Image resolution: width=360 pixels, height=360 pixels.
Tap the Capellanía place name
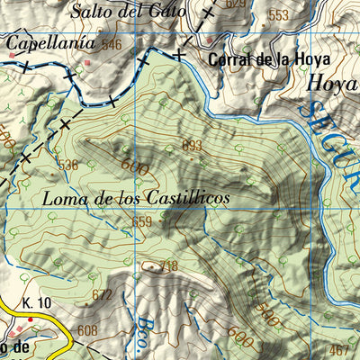pos(50,42)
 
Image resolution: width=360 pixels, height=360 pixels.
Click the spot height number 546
pos(111,44)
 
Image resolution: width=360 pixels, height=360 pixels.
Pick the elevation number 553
pos(279,15)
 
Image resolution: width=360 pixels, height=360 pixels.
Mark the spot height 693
pos(192,146)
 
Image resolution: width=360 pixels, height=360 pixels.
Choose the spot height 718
pos(168,265)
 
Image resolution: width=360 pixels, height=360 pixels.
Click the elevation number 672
pos(102,294)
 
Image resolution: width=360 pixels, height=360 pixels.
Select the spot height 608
pos(86,331)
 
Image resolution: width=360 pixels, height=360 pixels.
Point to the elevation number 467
pos(339,349)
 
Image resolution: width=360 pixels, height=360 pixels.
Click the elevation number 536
pos(67,165)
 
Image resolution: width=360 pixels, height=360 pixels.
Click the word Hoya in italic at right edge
pos(333,83)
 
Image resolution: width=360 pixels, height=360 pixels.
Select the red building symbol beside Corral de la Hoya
pos(210,40)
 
